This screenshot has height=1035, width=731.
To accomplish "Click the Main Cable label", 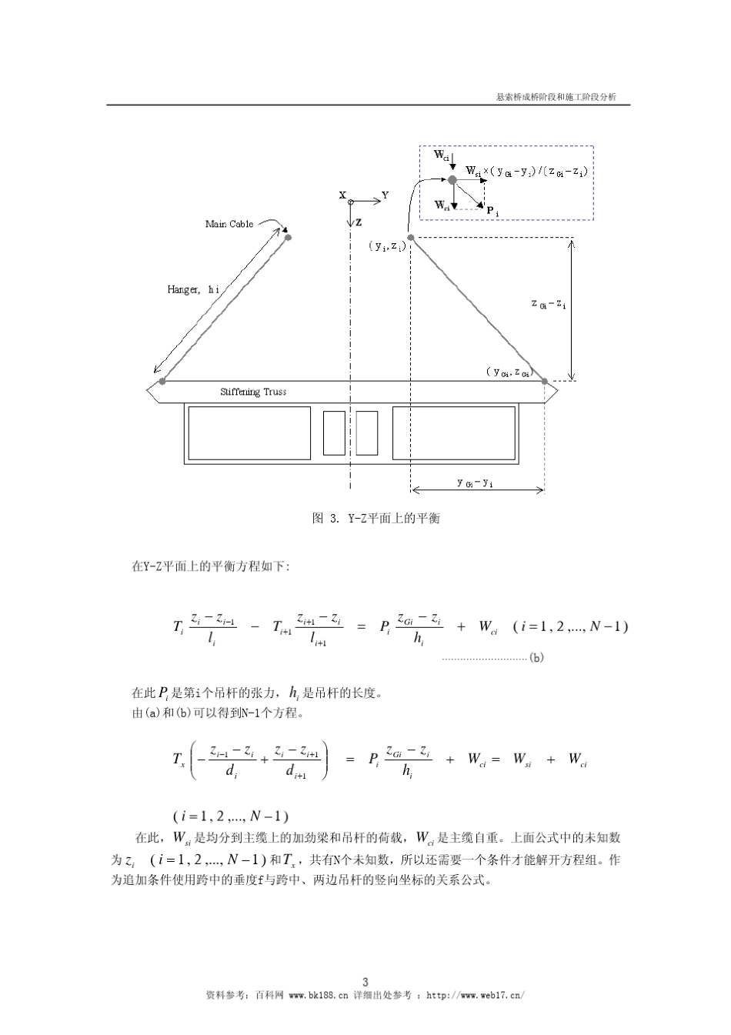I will pos(229,224).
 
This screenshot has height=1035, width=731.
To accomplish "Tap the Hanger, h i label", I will pos(193,289).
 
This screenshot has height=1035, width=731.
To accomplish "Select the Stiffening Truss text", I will pos(253,392).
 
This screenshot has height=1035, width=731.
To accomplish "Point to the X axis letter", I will pos(342,195).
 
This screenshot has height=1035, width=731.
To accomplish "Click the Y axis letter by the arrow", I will pos(385,195).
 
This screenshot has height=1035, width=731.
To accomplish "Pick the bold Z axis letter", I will pos(359,222).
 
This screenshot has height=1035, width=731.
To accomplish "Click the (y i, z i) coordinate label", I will pos(387,246).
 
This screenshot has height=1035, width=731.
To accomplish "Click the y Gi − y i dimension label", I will pos(475,482).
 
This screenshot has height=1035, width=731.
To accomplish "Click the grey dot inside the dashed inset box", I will pos(452,179).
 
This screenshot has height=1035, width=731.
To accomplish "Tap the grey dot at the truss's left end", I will pos(162,381).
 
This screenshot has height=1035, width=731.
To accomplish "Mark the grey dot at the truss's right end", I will pos(544,381).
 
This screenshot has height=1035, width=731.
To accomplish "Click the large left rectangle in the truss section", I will pos(249,433).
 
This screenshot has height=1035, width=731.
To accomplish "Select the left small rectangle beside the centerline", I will pos(334,433).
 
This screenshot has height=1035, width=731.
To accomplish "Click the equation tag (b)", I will pos(536,658).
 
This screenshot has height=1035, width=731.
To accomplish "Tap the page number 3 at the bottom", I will pos(365,981).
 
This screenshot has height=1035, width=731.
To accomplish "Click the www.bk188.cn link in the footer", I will pos(319,995).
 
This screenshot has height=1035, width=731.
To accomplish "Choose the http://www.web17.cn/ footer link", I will pos(475,995).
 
